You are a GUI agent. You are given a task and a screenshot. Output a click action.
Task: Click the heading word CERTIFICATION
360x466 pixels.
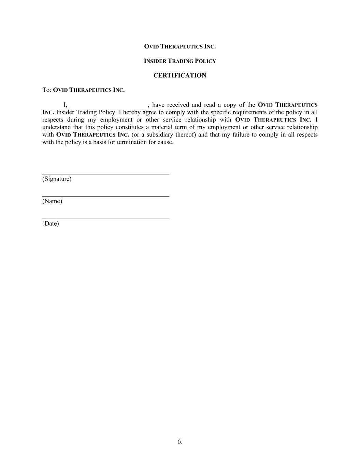(180, 75)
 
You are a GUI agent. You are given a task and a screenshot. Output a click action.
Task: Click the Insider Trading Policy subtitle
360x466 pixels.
(180, 61)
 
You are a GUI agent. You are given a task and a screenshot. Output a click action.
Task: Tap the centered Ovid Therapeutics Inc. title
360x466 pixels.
(180, 46)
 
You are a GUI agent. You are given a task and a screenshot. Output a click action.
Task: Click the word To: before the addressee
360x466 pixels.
(47, 90)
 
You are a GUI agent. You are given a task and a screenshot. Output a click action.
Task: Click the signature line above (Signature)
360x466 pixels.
(106, 174)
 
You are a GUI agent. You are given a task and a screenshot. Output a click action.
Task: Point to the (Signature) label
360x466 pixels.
(57, 179)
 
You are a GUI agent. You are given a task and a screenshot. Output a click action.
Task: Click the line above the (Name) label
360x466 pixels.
(106, 196)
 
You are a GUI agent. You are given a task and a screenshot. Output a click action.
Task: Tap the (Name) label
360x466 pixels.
(52, 201)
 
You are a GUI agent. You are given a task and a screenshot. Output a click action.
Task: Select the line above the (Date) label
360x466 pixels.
(106, 218)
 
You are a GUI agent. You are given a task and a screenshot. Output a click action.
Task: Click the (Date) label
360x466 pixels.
(51, 224)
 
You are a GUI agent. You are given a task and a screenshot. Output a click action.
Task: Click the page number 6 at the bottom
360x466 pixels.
(180, 441)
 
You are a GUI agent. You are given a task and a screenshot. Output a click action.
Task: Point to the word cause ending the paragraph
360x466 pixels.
(165, 142)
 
